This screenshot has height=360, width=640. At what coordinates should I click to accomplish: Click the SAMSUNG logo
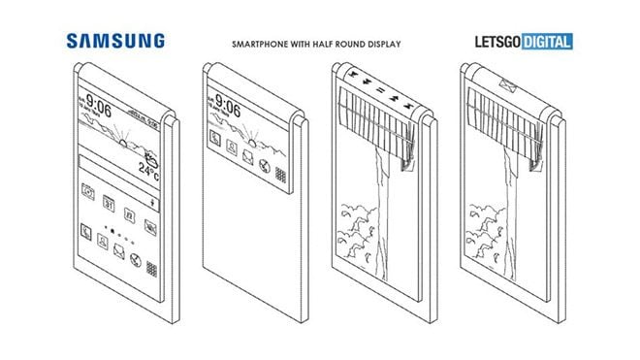[x=115, y=41]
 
